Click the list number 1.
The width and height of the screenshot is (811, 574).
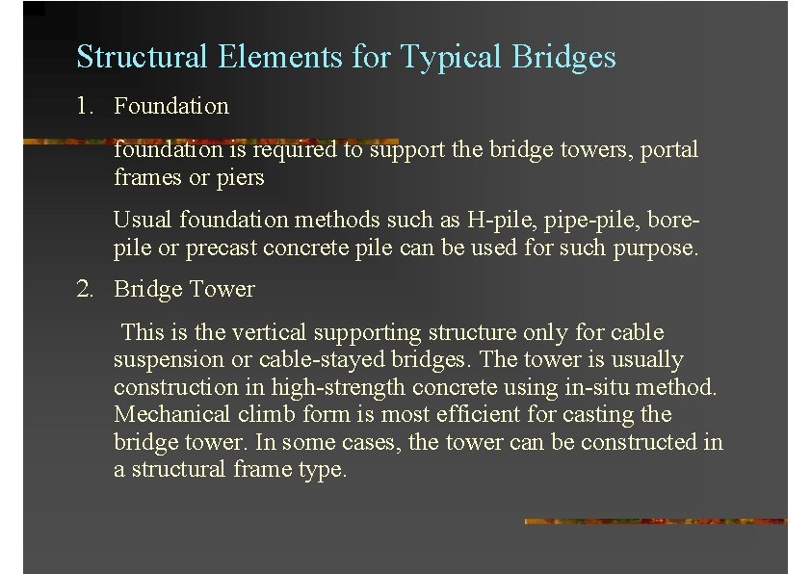click(x=84, y=106)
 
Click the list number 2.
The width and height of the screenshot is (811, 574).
click(x=85, y=289)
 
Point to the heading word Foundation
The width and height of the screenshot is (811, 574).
click(x=171, y=106)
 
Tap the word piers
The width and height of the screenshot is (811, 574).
click(x=241, y=178)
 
